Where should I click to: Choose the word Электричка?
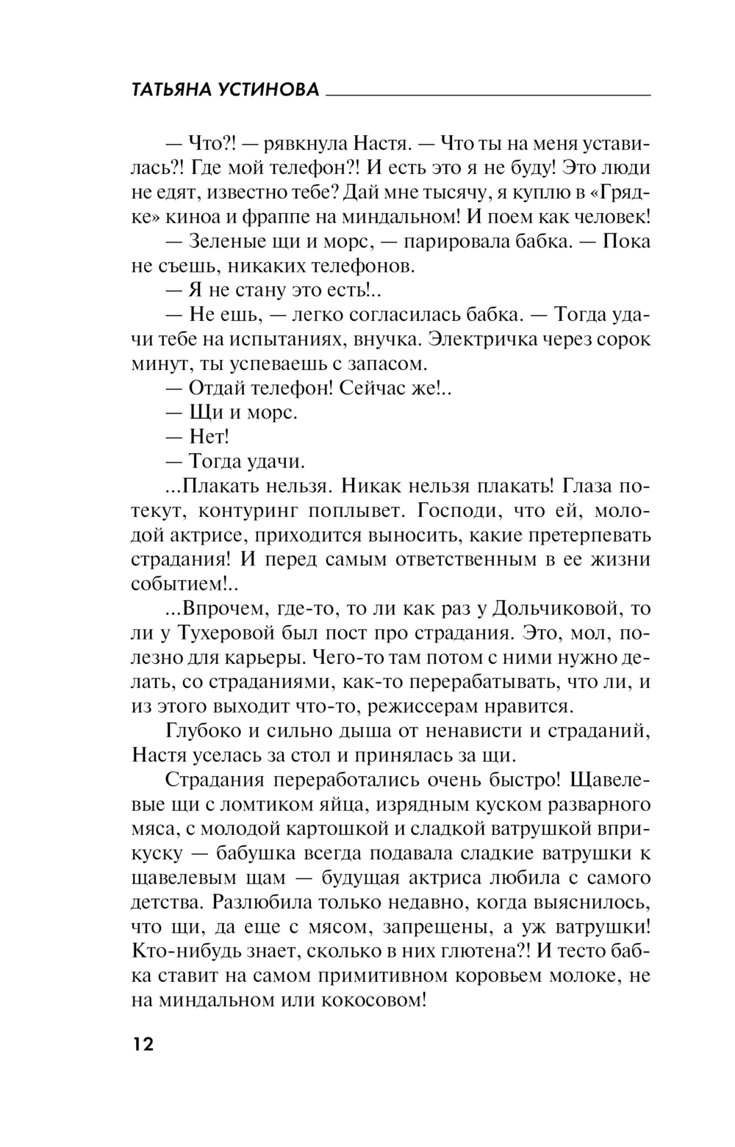pyautogui.click(x=482, y=340)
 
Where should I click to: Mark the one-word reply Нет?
pyautogui.click(x=209, y=437)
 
